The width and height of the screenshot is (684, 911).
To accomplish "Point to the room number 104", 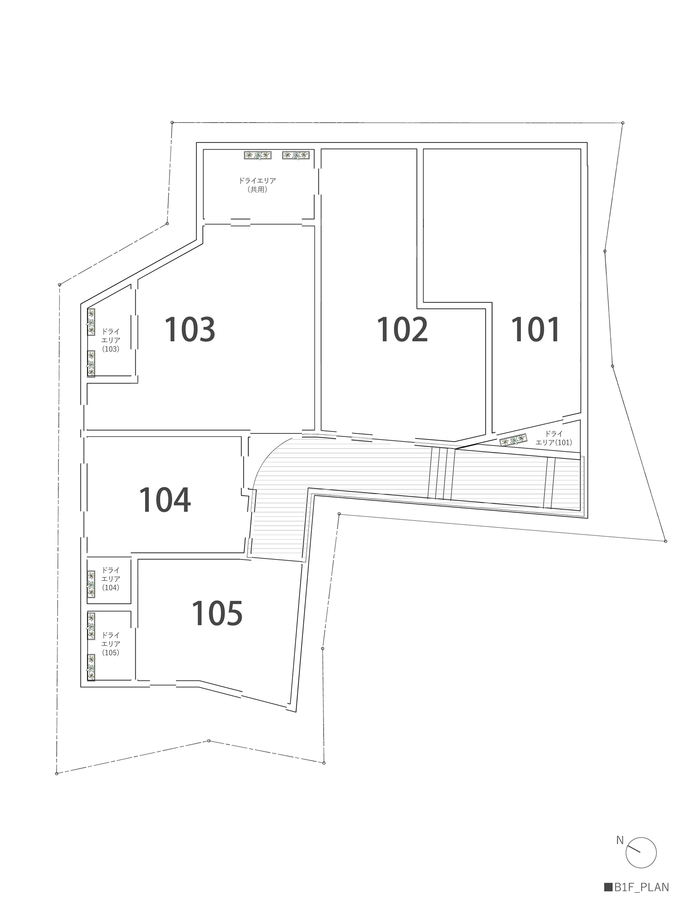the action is pos(165,500).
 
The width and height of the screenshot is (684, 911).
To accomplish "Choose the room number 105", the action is pos(217,613).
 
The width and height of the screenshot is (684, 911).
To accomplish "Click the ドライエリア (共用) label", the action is pos(257,185).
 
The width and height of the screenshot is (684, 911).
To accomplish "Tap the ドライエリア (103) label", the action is pos(111,340).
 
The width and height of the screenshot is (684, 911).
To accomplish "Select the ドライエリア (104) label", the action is pos(111,579).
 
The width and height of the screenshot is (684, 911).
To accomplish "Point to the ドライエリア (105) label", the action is pos(111,644).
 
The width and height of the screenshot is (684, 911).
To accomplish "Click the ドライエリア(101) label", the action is pos(554,438).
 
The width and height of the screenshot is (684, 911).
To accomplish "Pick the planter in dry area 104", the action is pos(91,584).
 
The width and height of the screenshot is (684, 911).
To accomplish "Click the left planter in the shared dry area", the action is pos(258,155).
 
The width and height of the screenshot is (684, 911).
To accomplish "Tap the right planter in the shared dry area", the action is pos(296,155).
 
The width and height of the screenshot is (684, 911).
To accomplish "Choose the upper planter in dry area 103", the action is pos(91,322).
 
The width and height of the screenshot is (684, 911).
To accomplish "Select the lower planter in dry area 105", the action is pos(91,668).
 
